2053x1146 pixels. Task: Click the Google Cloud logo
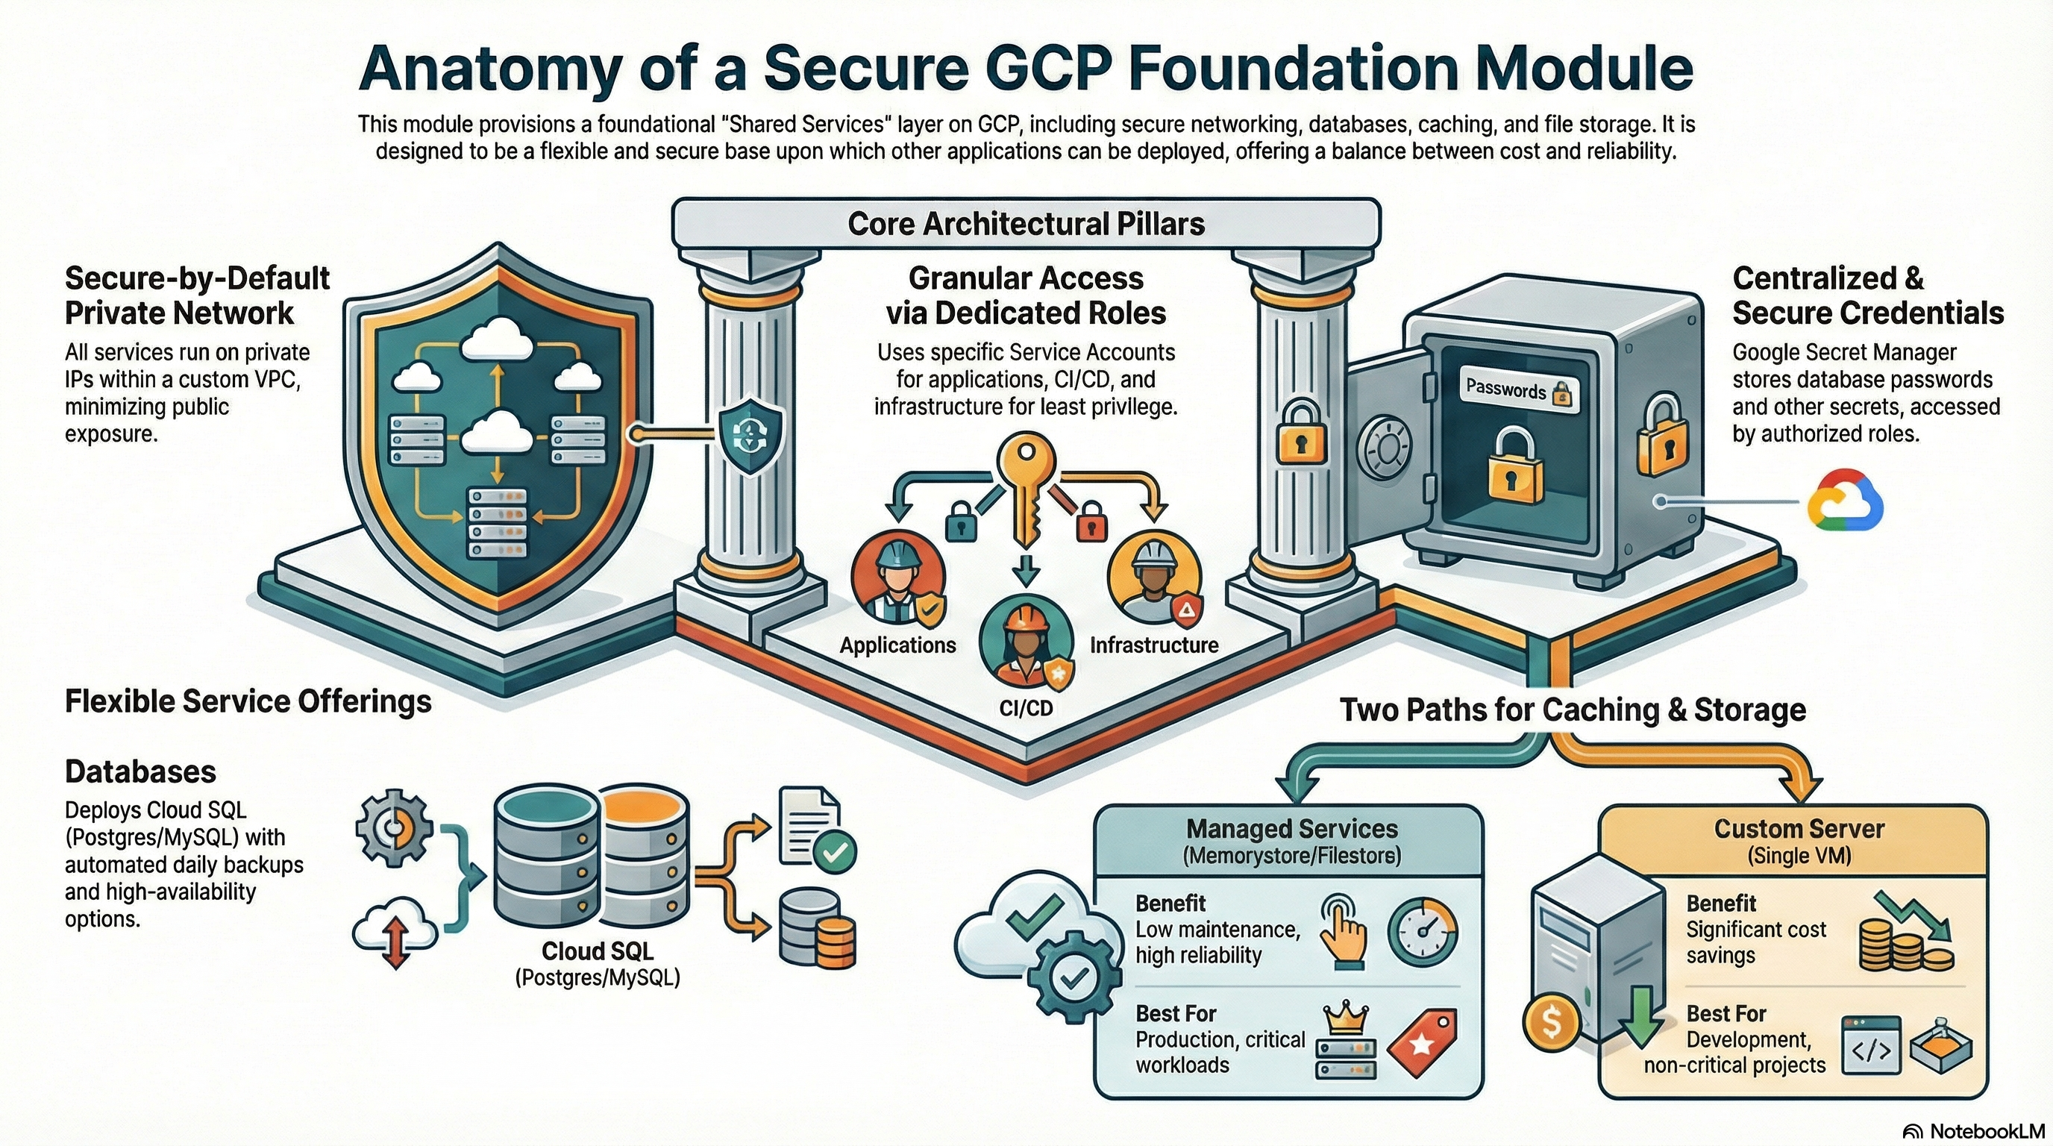1845,501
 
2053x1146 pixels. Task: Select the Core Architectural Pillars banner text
1026,224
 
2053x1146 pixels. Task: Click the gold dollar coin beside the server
1551,1021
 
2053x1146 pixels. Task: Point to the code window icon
1870,1045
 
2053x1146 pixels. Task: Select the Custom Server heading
1799,829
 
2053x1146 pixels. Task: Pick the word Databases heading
140,771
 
